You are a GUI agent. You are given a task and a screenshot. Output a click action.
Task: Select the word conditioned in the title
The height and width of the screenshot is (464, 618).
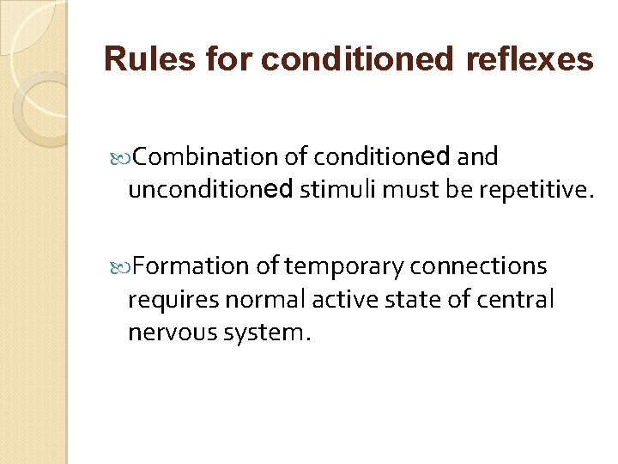357,59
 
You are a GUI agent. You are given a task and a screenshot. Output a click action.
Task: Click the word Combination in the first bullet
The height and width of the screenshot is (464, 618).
202,156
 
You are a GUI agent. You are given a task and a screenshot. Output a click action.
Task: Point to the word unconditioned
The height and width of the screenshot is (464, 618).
210,188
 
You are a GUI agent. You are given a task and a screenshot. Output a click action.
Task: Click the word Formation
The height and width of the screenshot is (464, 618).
191,266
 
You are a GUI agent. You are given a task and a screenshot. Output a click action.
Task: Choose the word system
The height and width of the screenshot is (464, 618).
262,332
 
